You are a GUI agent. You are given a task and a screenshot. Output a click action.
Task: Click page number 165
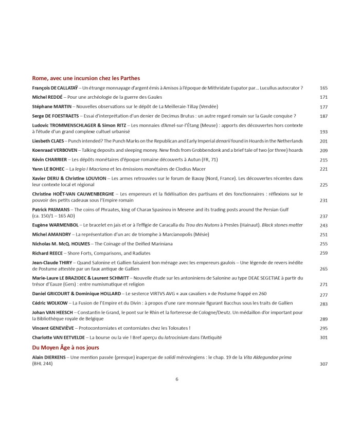(323, 88)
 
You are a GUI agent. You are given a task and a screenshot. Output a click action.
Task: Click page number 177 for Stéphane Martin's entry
(323, 107)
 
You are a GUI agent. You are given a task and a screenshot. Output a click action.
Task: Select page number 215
(323, 160)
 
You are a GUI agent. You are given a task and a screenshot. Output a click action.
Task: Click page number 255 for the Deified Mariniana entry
(323, 244)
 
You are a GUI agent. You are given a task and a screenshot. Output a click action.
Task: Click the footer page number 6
(177, 379)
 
